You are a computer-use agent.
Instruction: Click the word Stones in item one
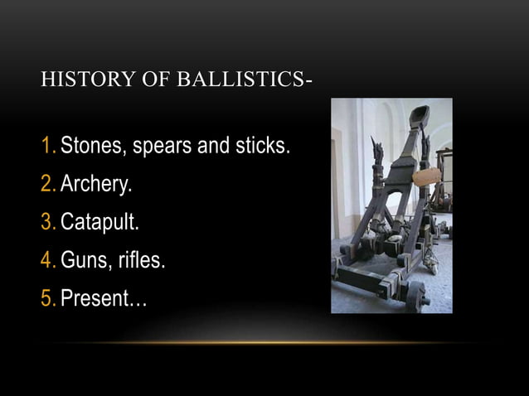pyautogui.click(x=90, y=147)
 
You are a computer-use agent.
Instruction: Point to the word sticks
pyautogui.click(x=262, y=147)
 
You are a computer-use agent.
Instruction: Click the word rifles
pyautogui.click(x=142, y=262)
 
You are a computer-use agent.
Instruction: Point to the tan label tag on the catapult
pyautogui.click(x=427, y=176)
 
